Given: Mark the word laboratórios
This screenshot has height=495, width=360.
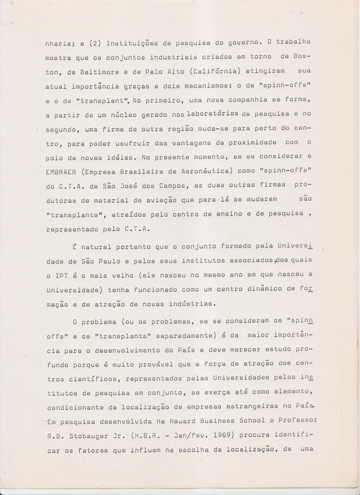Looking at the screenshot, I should pyautogui.click(x=212, y=114).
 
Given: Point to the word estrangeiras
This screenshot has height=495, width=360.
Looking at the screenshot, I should pyautogui.click(x=246, y=406).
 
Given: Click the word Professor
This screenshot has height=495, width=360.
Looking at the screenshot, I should pyautogui.click(x=296, y=420).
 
